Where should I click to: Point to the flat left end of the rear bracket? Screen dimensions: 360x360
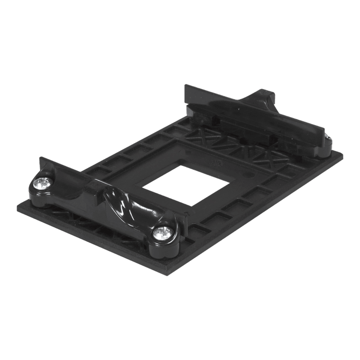[189, 95]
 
